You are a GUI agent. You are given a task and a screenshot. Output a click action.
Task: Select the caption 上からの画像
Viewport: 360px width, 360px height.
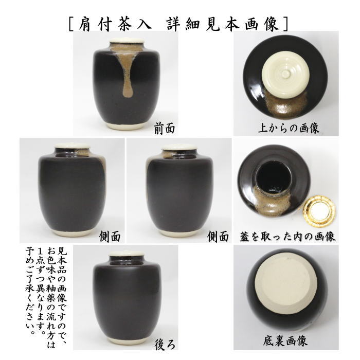(x=289, y=128)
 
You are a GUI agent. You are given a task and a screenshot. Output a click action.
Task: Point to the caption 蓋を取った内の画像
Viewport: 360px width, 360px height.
(x=288, y=236)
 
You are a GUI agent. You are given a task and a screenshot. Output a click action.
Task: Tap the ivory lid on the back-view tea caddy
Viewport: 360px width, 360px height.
(x=125, y=254)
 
